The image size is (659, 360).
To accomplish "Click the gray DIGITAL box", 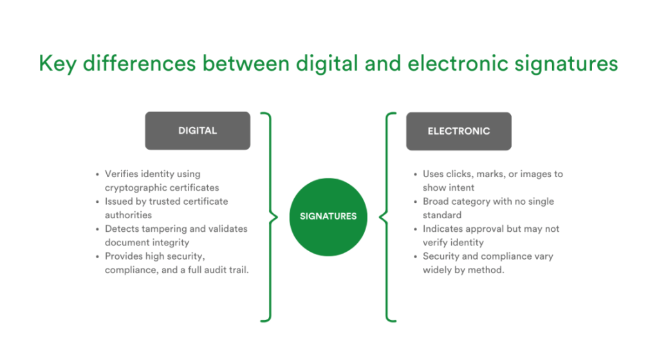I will click(198, 131).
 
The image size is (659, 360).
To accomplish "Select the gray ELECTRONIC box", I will click(459, 131).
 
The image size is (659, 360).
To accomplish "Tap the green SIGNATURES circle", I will click(328, 216).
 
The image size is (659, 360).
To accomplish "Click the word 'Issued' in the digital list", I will click(119, 202).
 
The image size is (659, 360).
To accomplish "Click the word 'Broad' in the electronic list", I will click(436, 202).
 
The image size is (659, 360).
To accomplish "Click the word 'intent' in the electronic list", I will click(461, 187).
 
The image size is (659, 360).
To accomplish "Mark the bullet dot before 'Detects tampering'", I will click(97, 229).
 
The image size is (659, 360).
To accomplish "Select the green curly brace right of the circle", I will click(388, 216).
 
